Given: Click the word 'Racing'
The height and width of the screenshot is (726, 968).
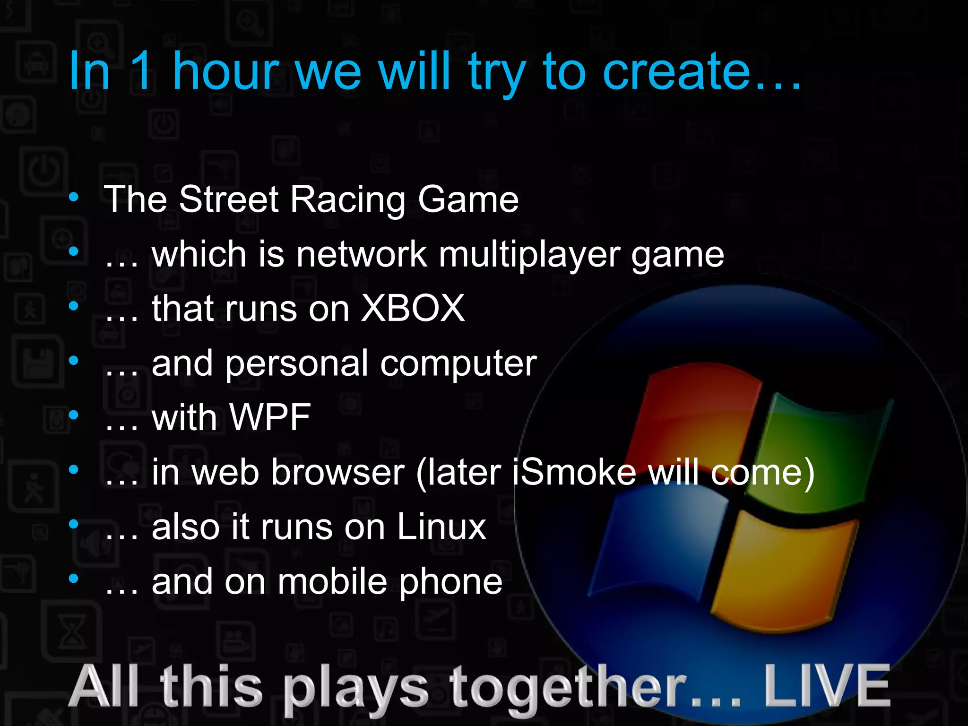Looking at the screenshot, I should (x=347, y=200).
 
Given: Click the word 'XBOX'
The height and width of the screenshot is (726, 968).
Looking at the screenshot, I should (x=413, y=308).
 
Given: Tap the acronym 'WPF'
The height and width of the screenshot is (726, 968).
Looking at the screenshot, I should (x=270, y=417).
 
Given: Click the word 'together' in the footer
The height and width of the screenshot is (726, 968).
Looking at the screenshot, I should (x=567, y=688).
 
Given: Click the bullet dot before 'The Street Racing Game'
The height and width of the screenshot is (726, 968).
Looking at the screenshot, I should (x=73, y=198).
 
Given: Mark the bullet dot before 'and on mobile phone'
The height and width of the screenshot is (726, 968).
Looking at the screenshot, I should (x=73, y=579).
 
